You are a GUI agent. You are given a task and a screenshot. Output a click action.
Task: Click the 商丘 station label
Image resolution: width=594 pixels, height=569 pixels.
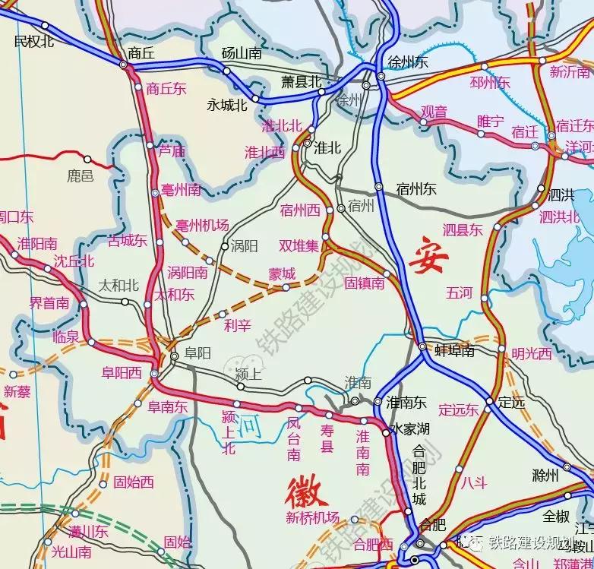click(x=142, y=52)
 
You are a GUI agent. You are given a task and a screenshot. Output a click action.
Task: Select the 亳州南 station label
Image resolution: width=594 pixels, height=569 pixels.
click(x=182, y=188)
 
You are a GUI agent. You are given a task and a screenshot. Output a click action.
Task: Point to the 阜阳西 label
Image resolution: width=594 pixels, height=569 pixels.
click(x=122, y=372)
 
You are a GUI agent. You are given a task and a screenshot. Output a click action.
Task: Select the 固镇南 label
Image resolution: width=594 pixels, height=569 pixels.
click(x=364, y=283)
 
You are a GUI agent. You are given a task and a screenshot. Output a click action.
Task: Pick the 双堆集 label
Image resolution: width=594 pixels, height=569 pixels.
click(x=299, y=245)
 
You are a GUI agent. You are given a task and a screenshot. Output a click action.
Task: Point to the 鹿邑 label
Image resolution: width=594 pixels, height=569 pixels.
click(x=80, y=176)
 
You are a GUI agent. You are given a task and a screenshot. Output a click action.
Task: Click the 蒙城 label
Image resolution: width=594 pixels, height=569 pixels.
click(x=282, y=274)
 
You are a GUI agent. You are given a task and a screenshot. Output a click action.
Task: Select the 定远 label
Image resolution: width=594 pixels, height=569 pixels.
click(x=511, y=403)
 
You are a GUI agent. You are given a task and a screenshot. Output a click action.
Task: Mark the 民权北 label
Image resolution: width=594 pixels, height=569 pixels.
click(x=35, y=41)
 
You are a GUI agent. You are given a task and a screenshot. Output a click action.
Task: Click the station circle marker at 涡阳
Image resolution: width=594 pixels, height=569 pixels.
click(x=225, y=246)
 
